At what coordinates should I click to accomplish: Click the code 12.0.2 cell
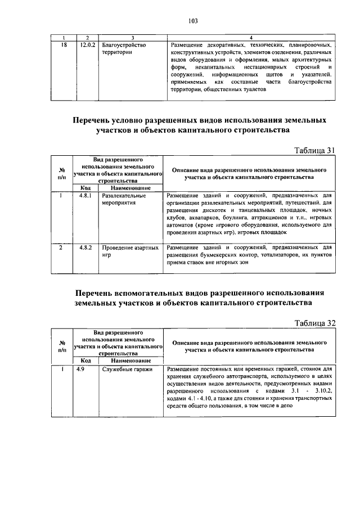click(87, 44)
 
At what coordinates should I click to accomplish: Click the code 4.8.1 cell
click(85, 196)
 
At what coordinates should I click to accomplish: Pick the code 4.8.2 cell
click(85, 247)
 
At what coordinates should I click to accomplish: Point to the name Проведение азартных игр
click(130, 251)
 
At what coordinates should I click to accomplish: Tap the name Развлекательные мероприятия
click(124, 200)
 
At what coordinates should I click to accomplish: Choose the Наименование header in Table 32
click(130, 361)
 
